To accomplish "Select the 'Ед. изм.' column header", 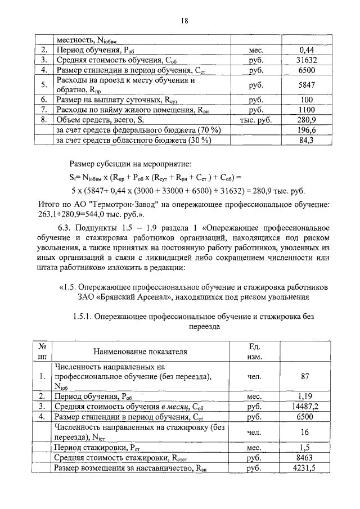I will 256,352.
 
